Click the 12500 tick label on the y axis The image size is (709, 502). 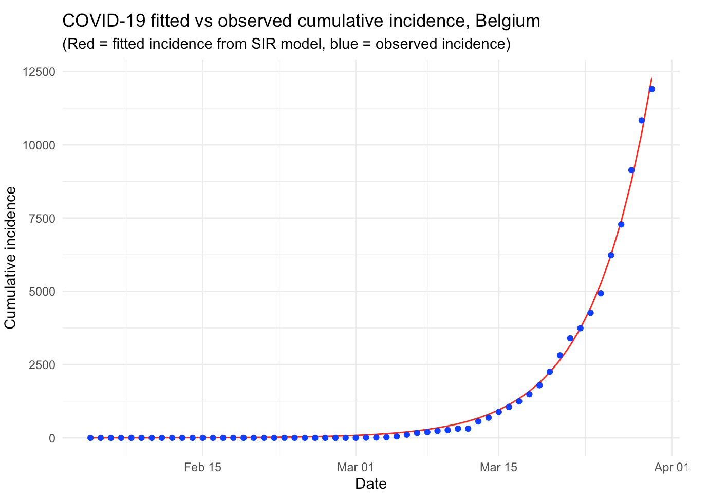pos(38,72)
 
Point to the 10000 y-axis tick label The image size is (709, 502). pos(38,145)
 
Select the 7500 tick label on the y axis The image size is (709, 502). pos(41,219)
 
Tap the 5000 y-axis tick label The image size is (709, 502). pos(41,292)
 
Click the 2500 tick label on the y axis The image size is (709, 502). pos(41,365)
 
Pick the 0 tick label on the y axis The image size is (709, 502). pos(52,438)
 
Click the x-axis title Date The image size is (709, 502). pos(370,484)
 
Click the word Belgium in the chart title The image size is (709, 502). pos(508,21)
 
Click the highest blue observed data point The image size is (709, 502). pos(651,89)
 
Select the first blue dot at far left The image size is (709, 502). pos(90,438)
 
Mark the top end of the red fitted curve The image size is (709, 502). pos(651,78)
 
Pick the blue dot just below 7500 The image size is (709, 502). pos(621,224)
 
